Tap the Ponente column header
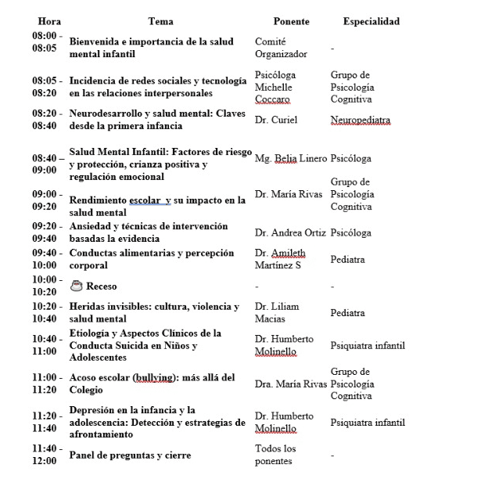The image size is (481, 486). pyautogui.click(x=291, y=21)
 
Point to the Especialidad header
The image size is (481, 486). pyautogui.click(x=371, y=21)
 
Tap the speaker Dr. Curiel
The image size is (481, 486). pyautogui.click(x=276, y=120)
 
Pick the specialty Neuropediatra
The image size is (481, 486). pyautogui.click(x=360, y=120)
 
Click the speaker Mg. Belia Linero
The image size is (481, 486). pyautogui.click(x=289, y=158)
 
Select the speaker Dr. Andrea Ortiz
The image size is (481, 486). pyautogui.click(x=289, y=232)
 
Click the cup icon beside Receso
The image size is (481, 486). pyautogui.click(x=76, y=286)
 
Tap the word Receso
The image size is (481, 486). pyautogui.click(x=102, y=286)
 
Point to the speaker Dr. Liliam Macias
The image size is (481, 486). pyautogui.click(x=277, y=312)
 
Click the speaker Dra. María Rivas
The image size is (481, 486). pyautogui.click(x=289, y=383)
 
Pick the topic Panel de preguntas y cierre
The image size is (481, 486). pyautogui.click(x=130, y=455)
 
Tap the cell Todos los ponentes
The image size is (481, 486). pyautogui.click(x=276, y=455)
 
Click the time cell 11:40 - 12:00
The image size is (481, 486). pyautogui.click(x=45, y=455)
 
